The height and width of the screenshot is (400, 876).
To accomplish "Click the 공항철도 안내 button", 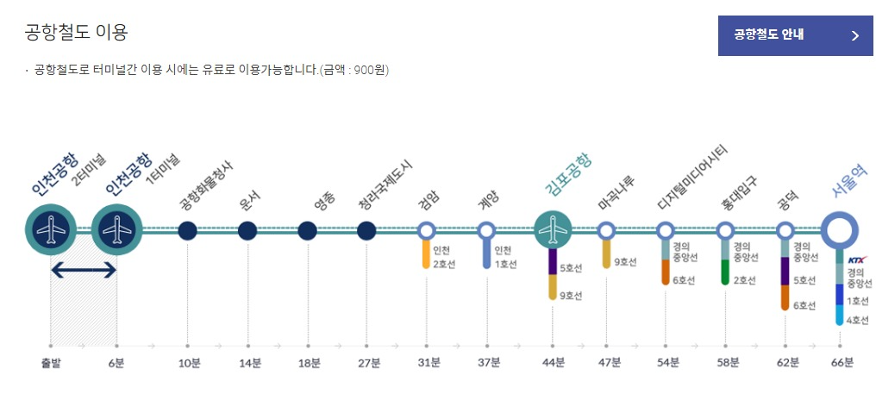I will [795, 35].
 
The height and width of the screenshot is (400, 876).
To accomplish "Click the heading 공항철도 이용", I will [77, 33].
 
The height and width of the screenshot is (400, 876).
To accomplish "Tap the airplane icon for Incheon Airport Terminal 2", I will [52, 230].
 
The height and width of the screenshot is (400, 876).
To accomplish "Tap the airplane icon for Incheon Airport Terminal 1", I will [116, 230].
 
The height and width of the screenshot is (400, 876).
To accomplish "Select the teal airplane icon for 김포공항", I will [553, 230].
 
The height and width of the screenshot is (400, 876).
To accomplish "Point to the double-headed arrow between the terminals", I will [84, 271].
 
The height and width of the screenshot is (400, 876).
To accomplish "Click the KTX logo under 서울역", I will [857, 259].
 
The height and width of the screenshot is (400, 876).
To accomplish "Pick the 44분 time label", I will [554, 362].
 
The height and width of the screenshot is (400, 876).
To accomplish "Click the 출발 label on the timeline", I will [51, 362].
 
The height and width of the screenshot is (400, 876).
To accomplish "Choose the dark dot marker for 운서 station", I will [247, 231].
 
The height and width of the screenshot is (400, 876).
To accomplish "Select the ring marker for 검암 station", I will [426, 231].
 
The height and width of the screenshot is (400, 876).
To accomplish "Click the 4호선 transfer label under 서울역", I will [858, 320].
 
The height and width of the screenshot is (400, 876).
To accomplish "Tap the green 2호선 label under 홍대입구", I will [744, 279].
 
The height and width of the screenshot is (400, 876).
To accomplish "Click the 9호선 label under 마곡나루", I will [625, 261].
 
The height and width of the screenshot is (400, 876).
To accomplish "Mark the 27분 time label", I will [368, 362].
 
